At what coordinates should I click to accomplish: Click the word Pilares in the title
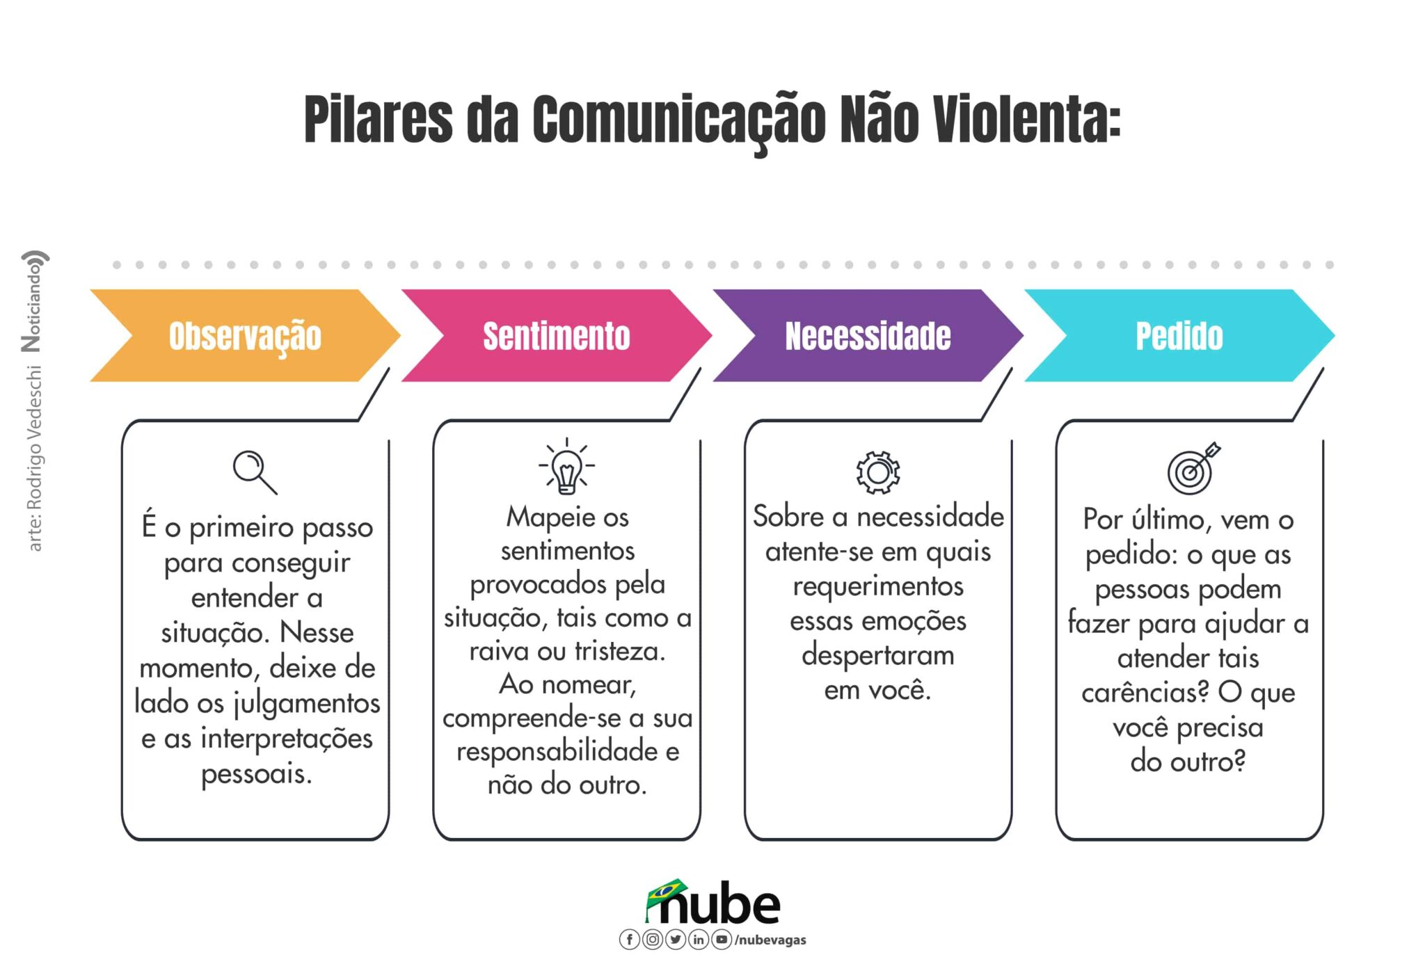[x=379, y=119]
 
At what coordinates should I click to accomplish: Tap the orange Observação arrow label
[x=245, y=336]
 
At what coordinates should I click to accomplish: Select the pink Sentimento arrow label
[x=557, y=336]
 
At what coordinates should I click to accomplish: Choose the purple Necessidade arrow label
[x=868, y=336]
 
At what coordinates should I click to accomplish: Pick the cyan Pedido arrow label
[x=1179, y=336]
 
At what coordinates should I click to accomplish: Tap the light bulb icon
[x=566, y=467]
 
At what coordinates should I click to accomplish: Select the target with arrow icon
[x=1193, y=469]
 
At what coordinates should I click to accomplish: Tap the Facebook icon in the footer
[x=629, y=940]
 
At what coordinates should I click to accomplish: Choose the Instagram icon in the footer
[x=652, y=940]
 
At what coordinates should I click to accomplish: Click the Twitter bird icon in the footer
[x=675, y=940]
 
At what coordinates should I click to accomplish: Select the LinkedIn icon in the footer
[x=699, y=940]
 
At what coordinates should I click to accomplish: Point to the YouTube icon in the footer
[x=722, y=940]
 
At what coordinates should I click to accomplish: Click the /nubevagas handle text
[x=770, y=940]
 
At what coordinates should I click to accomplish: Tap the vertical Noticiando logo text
[x=33, y=300]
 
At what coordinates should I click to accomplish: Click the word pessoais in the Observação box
[x=256, y=774]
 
